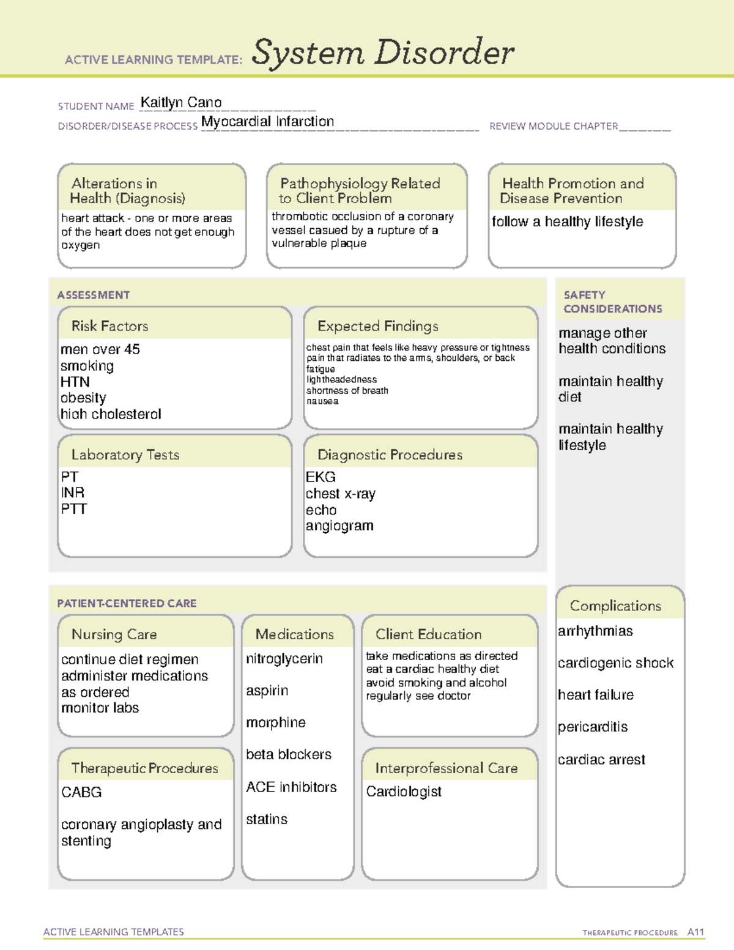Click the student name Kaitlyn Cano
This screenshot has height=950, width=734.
tap(181, 103)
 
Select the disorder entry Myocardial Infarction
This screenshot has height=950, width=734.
tap(267, 122)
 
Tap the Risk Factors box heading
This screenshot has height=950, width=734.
tap(109, 326)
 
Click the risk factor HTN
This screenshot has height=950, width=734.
tap(75, 382)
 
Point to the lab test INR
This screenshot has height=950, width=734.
tap(73, 493)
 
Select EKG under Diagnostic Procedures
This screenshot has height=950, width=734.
tap(321, 477)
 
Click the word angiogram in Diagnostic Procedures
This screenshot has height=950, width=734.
tap(339, 526)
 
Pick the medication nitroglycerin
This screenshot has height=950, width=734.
tap(284, 659)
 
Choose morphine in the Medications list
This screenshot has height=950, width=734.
tap(276, 722)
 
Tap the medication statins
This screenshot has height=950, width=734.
tap(267, 819)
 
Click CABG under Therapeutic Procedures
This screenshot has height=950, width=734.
tap(81, 792)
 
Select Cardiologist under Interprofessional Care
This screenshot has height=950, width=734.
tap(404, 792)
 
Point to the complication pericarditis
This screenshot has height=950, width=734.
tap(593, 727)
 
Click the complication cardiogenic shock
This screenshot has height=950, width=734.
tap(615, 663)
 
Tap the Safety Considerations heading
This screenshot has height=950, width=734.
tap(612, 302)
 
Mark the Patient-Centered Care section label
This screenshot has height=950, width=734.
tap(127, 603)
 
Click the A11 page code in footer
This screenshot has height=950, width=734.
tap(695, 932)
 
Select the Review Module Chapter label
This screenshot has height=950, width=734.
tap(554, 126)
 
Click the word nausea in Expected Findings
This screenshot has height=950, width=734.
tap(322, 401)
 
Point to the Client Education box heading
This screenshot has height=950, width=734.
tap(428, 634)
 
